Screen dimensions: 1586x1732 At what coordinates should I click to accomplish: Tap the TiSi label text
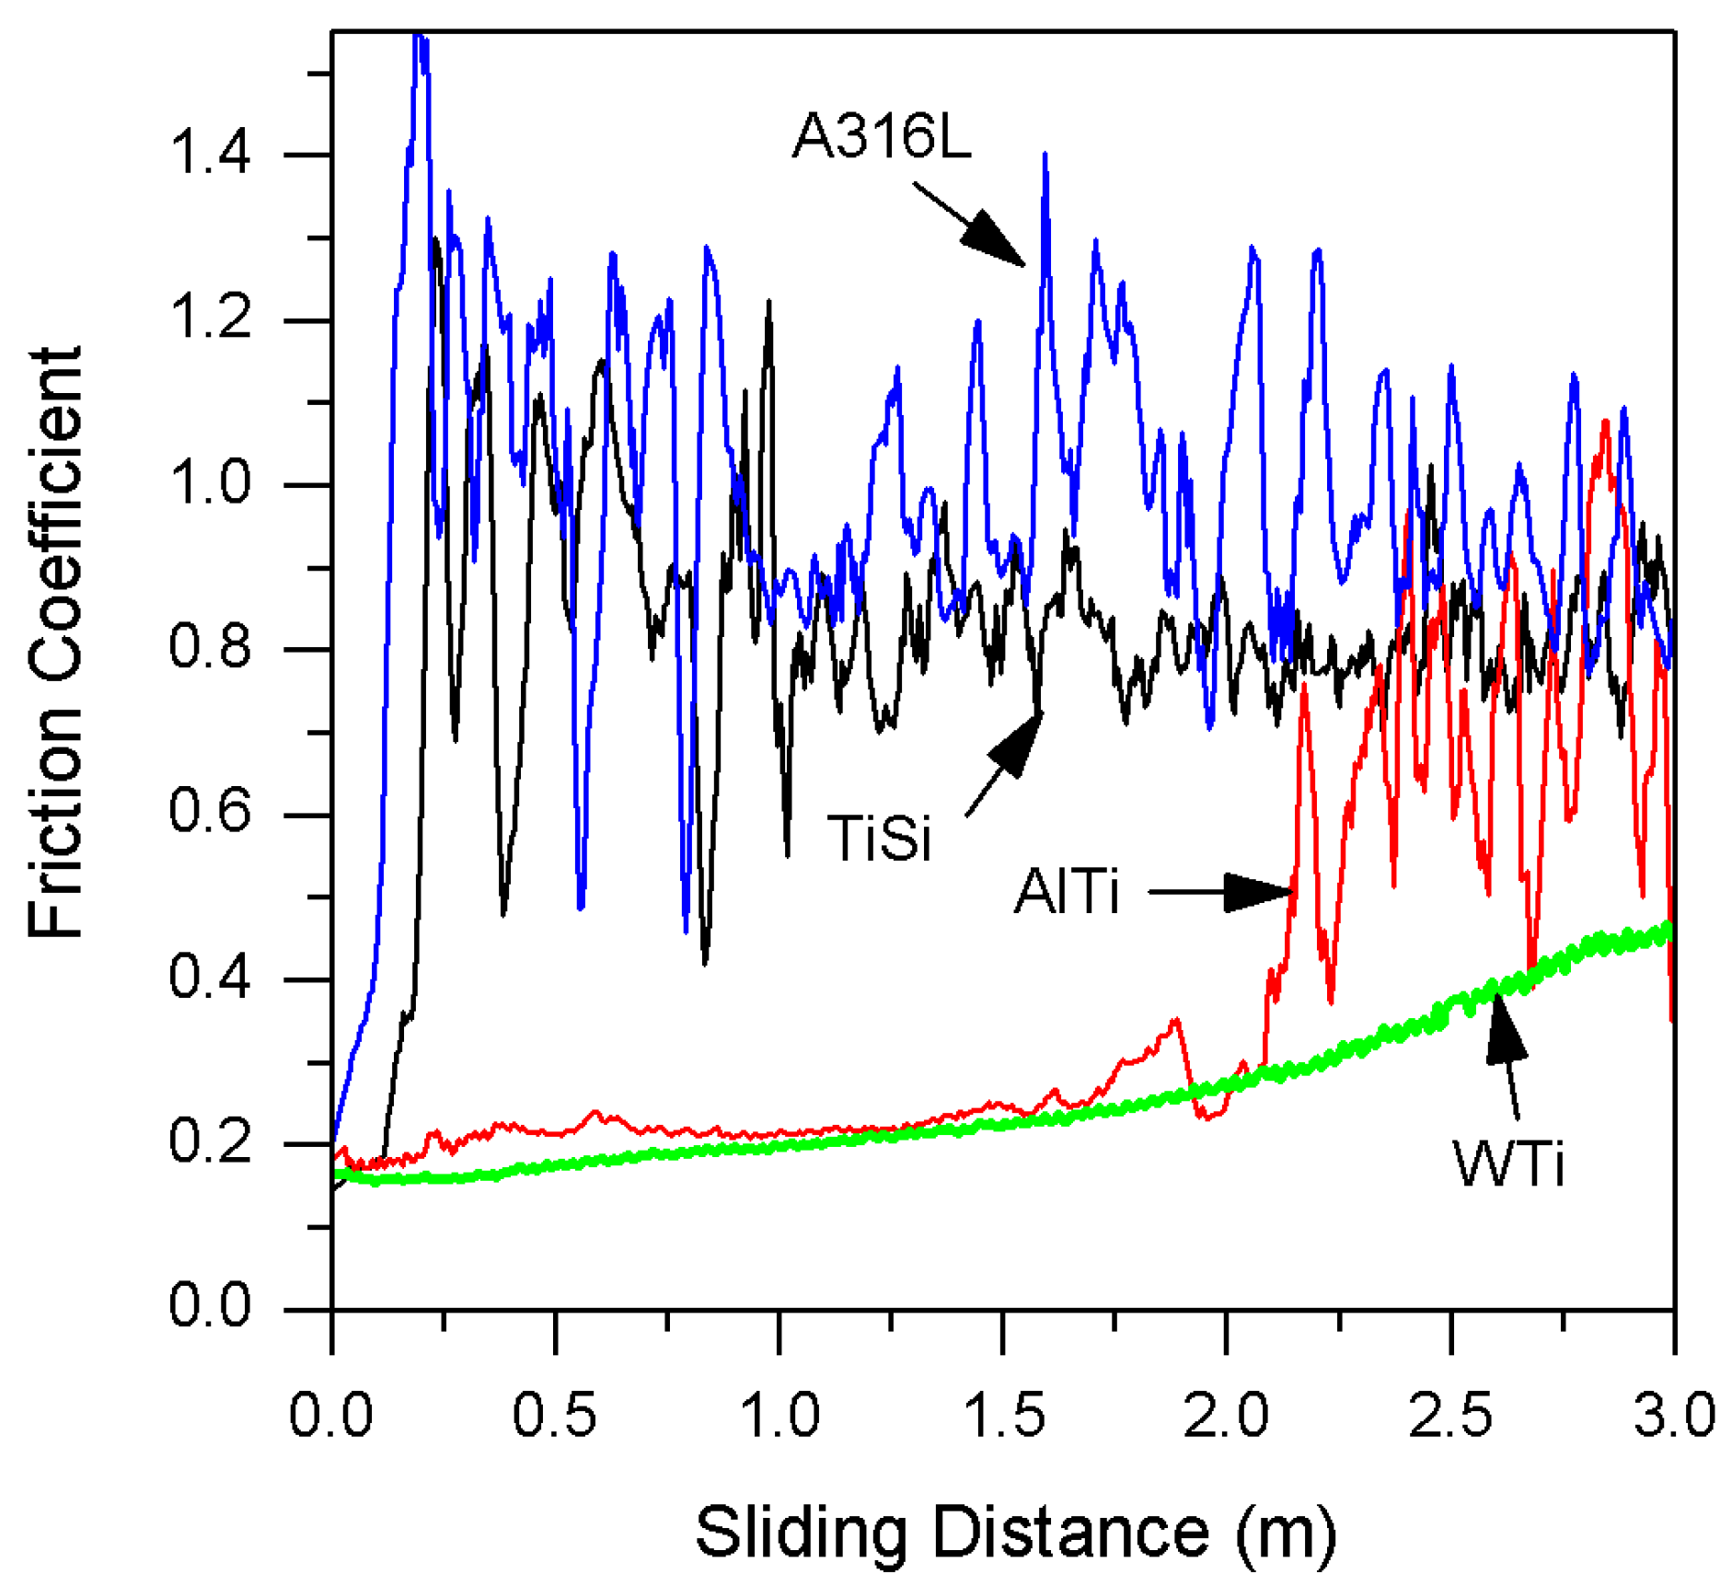(x=879, y=839)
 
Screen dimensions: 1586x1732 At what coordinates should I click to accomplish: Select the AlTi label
(x=1066, y=891)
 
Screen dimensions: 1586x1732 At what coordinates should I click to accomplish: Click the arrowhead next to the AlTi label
(x=1258, y=892)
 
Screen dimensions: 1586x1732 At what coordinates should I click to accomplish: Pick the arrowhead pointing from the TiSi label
(x=1017, y=743)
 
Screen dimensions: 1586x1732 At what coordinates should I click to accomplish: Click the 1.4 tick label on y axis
(x=210, y=153)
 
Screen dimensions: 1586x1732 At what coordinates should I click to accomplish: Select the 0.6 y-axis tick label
(x=210, y=812)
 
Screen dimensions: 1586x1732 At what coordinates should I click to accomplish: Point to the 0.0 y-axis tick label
(x=210, y=1305)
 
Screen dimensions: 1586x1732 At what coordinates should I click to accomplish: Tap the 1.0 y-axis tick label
(x=210, y=482)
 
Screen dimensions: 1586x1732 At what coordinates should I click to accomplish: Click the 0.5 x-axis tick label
(x=555, y=1416)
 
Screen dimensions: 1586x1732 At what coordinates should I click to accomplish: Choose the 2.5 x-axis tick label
(x=1450, y=1416)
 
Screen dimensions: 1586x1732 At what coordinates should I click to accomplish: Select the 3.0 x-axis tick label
(x=1674, y=1416)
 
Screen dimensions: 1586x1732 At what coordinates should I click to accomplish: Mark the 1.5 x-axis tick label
(x=1003, y=1416)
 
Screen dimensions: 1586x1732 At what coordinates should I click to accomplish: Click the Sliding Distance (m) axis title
(x=1015, y=1533)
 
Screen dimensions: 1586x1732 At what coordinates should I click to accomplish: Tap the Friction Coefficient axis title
(x=55, y=642)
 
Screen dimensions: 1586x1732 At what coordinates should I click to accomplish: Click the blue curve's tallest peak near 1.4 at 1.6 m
(x=1045, y=156)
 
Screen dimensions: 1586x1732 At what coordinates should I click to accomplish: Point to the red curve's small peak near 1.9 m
(x=1175, y=1020)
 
